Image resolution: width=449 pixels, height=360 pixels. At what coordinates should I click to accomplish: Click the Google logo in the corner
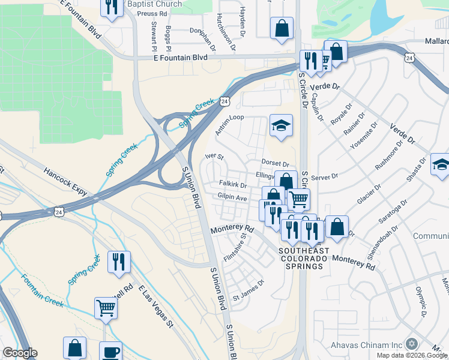[x=19, y=353]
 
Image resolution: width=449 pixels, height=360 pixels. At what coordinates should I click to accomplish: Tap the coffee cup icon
[x=110, y=352]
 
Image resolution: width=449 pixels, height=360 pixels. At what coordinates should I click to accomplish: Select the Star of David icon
[x=411, y=344]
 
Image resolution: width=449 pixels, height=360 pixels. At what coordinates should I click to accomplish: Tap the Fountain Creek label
[x=42, y=290]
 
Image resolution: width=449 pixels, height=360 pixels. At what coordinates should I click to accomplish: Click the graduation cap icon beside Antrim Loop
[x=281, y=125]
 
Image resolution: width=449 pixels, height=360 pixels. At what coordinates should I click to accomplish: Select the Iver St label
[x=214, y=157]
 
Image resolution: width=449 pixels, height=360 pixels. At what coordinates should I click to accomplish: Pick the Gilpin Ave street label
[x=232, y=197]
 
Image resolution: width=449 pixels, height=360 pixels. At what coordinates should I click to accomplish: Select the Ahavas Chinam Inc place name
[x=366, y=345]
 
